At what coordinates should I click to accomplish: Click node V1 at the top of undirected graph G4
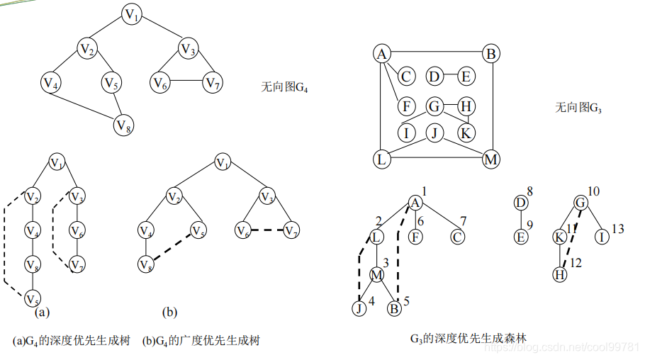[132, 14]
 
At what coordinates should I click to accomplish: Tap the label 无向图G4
[285, 88]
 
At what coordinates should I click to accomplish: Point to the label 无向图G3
[578, 108]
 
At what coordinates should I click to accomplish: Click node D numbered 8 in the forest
[521, 203]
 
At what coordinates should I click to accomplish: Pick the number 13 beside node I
[618, 229]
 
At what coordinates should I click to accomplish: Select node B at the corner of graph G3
[490, 54]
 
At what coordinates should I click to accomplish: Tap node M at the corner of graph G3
[490, 159]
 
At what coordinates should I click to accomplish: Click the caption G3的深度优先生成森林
[468, 339]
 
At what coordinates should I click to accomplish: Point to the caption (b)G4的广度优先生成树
[201, 341]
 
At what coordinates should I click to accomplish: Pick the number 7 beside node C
[464, 220]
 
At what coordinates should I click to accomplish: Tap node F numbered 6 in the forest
[416, 237]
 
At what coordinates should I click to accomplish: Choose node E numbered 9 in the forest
[521, 237]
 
